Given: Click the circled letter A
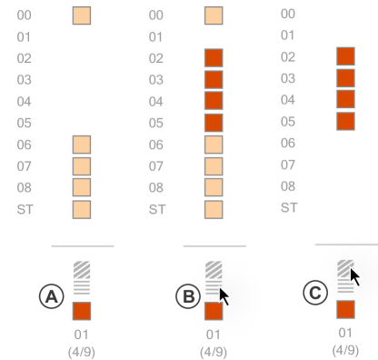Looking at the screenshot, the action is [x=49, y=295].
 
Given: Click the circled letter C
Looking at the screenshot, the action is [x=313, y=292].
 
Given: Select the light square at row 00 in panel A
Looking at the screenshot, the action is [x=82, y=15].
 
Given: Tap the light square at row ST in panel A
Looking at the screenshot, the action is [x=82, y=209].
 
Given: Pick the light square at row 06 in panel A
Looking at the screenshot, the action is [x=82, y=145].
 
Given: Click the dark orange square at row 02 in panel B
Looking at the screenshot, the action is [x=214, y=58].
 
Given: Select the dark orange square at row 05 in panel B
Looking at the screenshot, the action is [x=214, y=123].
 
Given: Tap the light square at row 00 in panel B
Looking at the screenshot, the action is [x=214, y=15].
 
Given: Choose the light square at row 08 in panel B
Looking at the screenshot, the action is [x=214, y=187].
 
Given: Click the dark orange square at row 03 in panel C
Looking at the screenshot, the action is [x=344, y=78].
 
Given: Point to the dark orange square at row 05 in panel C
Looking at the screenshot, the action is [x=344, y=121].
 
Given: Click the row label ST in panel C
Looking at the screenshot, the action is [x=289, y=207].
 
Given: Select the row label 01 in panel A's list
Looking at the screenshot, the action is [x=25, y=37].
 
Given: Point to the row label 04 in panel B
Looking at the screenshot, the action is [x=156, y=102].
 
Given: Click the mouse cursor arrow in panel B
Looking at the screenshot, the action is [x=224, y=295].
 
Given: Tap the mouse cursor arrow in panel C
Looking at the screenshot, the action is [x=355, y=277].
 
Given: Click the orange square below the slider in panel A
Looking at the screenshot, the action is [x=82, y=312].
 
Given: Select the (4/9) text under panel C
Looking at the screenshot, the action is [x=345, y=349].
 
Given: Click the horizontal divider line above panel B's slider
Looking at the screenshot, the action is [x=214, y=245].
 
